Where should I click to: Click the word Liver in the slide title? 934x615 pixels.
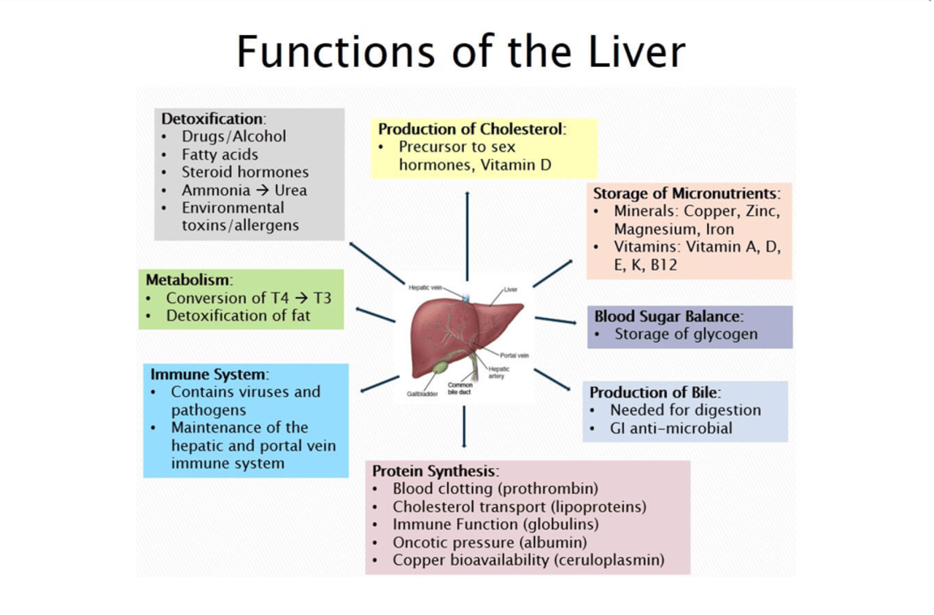pos(628,51)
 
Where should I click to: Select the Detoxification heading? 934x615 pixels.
pos(212,118)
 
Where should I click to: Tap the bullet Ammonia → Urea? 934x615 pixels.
pos(244,190)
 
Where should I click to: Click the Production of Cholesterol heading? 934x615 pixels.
pos(471,129)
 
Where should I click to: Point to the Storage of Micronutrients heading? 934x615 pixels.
pos(686,194)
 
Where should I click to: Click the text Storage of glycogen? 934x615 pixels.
pos(686,334)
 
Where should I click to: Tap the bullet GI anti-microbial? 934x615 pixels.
pos(671,428)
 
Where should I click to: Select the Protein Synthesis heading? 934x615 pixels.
pos(435,471)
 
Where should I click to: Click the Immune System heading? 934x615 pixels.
pos(209,374)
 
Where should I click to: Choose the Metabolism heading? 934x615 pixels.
pos(188,279)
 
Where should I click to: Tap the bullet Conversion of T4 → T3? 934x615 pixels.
pos(248,298)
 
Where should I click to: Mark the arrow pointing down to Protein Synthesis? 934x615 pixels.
pos(464,427)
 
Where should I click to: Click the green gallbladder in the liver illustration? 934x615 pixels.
pos(440,368)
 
